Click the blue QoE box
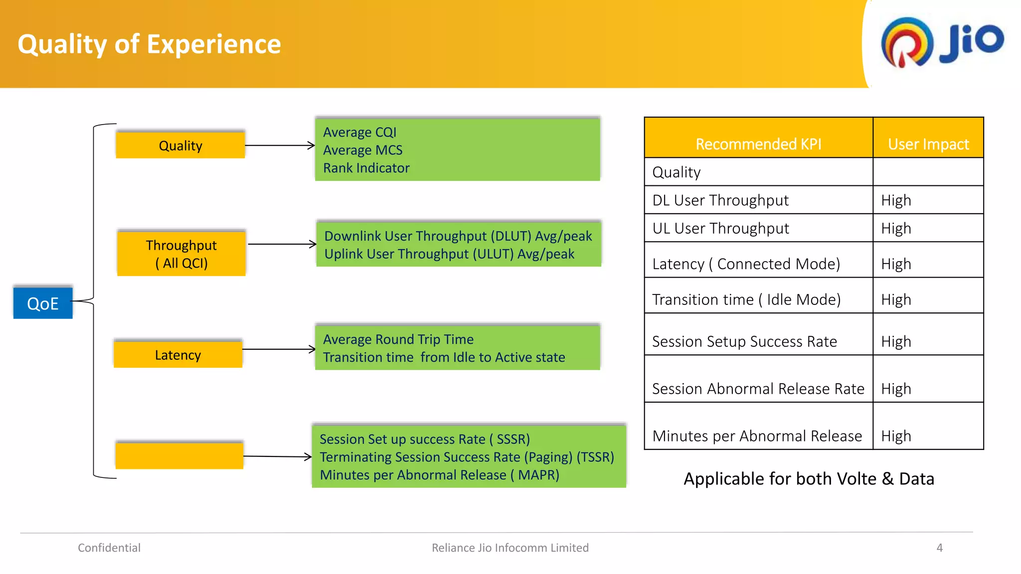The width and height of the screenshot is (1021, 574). pyautogui.click(x=43, y=303)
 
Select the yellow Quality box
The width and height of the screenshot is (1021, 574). pyautogui.click(x=180, y=145)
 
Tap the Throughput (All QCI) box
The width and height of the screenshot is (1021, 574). pyautogui.click(x=181, y=254)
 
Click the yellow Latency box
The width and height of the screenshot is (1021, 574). pyautogui.click(x=178, y=355)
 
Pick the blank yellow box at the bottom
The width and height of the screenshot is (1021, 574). pyautogui.click(x=179, y=455)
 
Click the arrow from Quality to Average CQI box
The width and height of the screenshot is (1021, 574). pyautogui.click(x=280, y=145)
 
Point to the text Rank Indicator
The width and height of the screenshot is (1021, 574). pyautogui.click(x=366, y=168)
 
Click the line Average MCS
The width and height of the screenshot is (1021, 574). pyautogui.click(x=362, y=150)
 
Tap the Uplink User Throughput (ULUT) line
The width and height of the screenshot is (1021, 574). pyautogui.click(x=449, y=254)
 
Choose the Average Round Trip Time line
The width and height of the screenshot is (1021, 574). pyautogui.click(x=398, y=339)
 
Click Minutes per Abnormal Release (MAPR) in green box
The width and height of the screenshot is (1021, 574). pyautogui.click(x=439, y=475)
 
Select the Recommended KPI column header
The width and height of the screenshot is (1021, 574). pyautogui.click(x=758, y=143)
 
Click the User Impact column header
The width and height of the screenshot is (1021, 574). pyautogui.click(x=928, y=143)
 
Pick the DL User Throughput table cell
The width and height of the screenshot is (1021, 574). pyautogui.click(x=720, y=200)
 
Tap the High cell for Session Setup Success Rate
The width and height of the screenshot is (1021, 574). pyautogui.click(x=896, y=341)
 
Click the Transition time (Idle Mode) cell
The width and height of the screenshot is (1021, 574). pyautogui.click(x=746, y=299)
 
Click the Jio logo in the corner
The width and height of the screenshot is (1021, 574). pyautogui.click(x=942, y=42)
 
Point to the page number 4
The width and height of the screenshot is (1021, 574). pyautogui.click(x=939, y=548)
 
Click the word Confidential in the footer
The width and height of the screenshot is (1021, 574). pyautogui.click(x=109, y=548)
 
